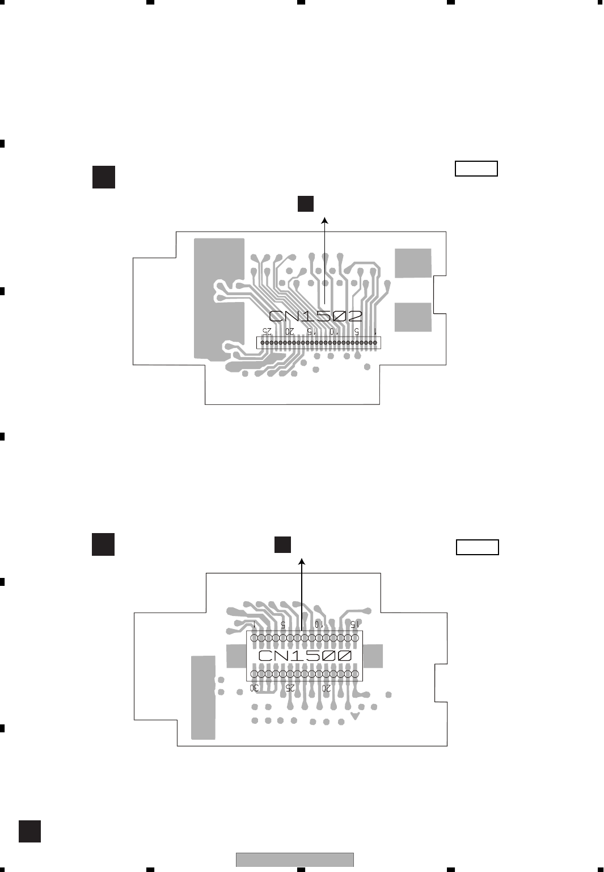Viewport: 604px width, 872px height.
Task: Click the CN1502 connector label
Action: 315,316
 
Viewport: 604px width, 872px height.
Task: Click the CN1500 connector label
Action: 305,656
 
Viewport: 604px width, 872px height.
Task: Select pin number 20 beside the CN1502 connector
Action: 289,330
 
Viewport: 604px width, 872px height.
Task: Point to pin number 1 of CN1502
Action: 375,330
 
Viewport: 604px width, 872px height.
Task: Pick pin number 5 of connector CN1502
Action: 356,330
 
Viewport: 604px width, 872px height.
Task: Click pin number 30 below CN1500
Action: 255,688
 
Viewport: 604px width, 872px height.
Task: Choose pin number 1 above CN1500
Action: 255,623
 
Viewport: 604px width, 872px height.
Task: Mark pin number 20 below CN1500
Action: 326,688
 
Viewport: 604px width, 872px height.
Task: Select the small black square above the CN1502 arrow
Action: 306,203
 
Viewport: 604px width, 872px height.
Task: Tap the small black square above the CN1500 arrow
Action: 282,544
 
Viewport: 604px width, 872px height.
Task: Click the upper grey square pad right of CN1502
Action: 413,263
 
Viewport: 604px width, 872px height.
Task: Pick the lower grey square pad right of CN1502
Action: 413,317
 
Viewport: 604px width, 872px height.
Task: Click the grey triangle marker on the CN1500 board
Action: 355,716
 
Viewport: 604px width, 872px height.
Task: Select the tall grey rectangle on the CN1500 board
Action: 203,697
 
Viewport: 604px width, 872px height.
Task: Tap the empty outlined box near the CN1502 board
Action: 476,169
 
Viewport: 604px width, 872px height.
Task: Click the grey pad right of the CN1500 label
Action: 373,656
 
